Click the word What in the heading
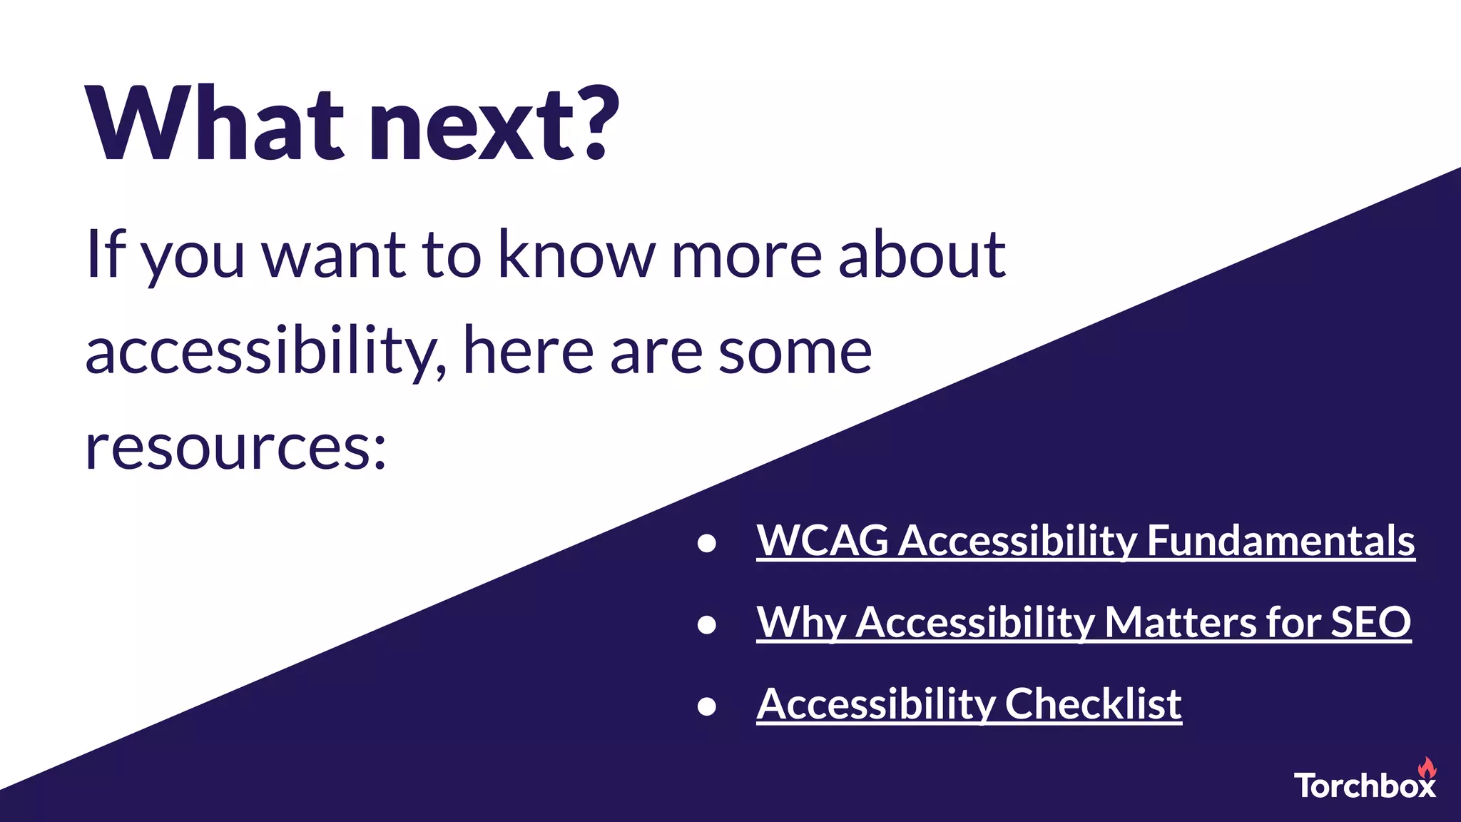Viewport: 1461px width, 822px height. pos(214,125)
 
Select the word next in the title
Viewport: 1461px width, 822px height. pos(471,128)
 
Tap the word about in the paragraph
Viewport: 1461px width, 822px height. pos(922,255)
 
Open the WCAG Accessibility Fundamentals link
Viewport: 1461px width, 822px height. pos(1085,541)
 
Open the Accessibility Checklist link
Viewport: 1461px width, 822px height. pos(969,704)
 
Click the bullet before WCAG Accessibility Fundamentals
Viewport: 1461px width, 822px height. pos(706,544)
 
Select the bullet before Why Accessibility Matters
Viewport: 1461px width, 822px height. pos(706,625)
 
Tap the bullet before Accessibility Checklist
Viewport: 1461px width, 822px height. pos(706,706)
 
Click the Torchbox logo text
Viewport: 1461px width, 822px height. pos(1364,786)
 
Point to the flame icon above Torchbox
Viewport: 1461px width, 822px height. pos(1426,768)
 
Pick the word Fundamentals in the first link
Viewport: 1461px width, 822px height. pos(1281,541)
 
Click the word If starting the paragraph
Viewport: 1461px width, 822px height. pos(106,255)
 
